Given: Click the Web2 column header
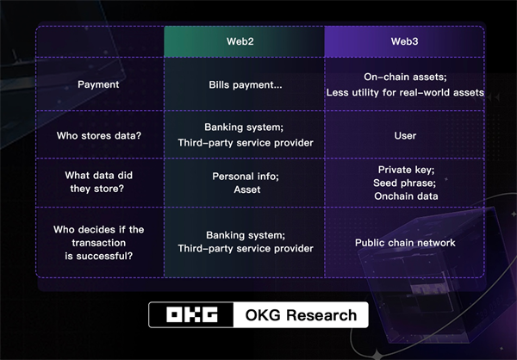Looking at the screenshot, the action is (x=240, y=41).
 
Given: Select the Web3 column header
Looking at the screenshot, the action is (x=405, y=41).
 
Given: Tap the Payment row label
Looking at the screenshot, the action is (x=98, y=84).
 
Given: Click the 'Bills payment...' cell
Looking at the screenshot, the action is (x=246, y=85).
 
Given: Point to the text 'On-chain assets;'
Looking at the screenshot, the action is (x=405, y=77).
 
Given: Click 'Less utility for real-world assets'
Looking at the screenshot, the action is (x=405, y=93).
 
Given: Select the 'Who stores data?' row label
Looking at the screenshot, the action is (x=98, y=135).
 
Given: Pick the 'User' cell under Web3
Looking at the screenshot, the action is (x=405, y=135).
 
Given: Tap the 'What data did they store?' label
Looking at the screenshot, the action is (x=98, y=182).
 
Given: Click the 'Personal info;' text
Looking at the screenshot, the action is (x=246, y=177).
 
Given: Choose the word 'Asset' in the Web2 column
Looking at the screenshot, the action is (x=247, y=189).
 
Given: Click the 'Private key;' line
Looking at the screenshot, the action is (x=406, y=170).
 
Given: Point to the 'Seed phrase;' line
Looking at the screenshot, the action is (x=405, y=183).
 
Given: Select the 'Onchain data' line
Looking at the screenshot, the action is (x=406, y=196).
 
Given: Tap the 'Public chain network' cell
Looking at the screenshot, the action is (x=405, y=243).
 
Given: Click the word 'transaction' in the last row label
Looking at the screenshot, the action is (x=98, y=243).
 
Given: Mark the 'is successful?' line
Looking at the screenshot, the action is (x=98, y=256).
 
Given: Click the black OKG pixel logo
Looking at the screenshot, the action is (x=192, y=315).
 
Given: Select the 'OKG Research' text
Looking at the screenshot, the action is (x=301, y=315).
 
